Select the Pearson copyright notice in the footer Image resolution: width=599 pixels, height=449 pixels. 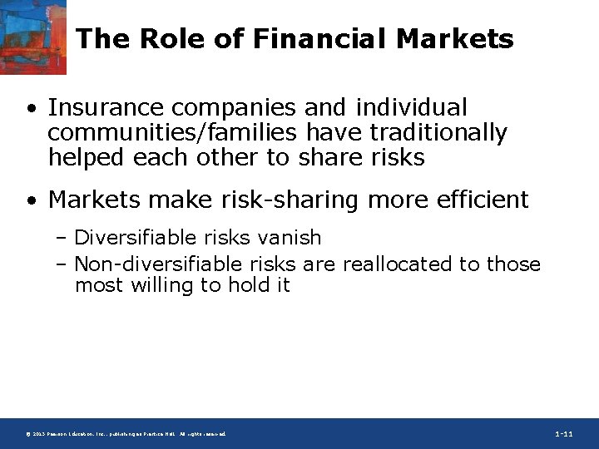(125, 435)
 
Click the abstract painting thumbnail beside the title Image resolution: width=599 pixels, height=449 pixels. (33, 37)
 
